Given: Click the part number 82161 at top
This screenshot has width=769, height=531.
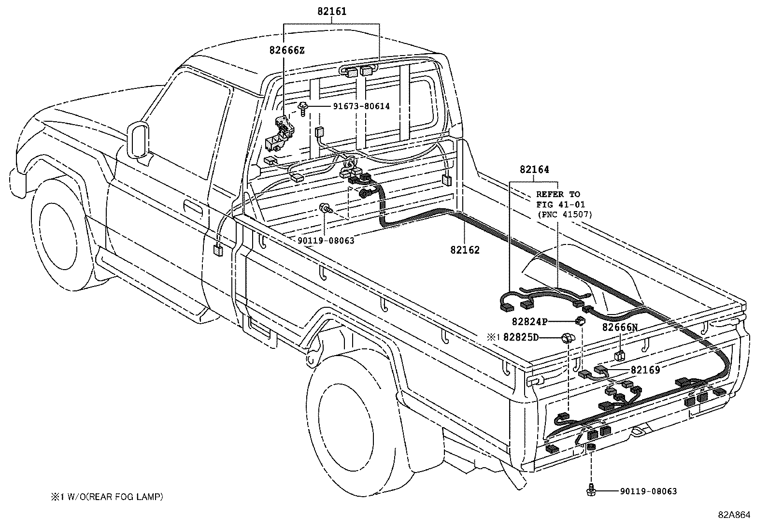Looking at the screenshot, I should pos(332,12).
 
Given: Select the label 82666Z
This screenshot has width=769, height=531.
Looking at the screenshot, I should pos(287,50).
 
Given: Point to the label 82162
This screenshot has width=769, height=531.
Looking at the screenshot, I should pos(465,250).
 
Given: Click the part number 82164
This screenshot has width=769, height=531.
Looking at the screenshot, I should pos(534,170).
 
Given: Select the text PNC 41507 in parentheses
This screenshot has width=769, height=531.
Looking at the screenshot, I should pos(564,214).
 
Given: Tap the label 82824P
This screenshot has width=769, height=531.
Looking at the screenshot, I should pos(529,321).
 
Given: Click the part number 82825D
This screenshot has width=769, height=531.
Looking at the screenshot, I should pos(520,338).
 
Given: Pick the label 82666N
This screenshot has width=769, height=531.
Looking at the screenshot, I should pos(620,328).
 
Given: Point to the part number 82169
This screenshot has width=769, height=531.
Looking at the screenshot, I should pos(645,370).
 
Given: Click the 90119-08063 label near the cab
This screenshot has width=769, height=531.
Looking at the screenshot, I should pos(326,241).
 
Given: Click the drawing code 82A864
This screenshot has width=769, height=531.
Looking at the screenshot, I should pos(734,515).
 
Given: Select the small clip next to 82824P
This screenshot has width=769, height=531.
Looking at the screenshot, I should pos(580,320).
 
